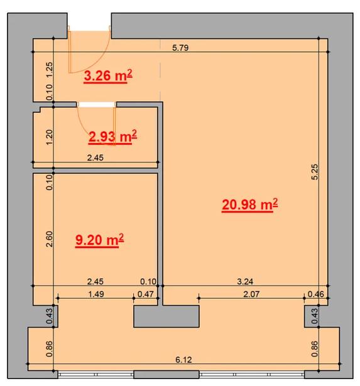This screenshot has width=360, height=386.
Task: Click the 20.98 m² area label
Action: (249, 205)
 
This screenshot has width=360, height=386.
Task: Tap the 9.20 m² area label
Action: (99, 240)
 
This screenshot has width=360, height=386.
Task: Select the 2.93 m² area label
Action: (112, 137)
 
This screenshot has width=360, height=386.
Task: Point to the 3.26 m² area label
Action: (108, 75)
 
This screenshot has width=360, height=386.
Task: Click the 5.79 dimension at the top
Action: (180, 48)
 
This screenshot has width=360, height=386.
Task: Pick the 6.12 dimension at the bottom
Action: (183, 360)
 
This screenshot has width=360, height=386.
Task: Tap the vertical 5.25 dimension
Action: (315, 172)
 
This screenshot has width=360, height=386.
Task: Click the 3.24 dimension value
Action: (245, 281)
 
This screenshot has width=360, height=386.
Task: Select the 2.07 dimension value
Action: (251, 294)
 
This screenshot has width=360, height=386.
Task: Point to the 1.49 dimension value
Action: (96, 294)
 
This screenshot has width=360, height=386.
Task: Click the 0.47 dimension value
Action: (145, 294)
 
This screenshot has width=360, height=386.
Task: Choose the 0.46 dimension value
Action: (316, 294)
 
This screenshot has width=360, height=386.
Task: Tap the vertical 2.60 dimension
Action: (49, 239)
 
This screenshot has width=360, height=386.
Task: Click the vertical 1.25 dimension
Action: (49, 70)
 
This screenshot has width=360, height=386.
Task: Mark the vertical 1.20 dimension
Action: (49, 137)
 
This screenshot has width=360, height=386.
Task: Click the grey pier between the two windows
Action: (166, 316)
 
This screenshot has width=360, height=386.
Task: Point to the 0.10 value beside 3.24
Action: (148, 281)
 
